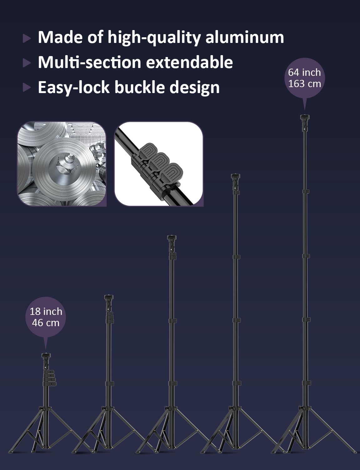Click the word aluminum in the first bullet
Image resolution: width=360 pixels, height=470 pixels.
pos(244,38)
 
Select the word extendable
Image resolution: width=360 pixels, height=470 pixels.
pos(189,62)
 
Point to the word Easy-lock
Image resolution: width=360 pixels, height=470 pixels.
pos(74,88)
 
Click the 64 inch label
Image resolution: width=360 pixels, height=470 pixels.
pos(305,72)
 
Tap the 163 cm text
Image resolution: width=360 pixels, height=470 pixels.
pos(305,84)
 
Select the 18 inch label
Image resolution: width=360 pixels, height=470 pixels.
pos(46,311)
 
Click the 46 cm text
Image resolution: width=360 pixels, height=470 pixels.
pos(46,323)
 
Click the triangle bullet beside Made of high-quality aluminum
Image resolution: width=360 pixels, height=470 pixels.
pos(27,38)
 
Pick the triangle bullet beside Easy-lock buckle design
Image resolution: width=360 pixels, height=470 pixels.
pos(27,88)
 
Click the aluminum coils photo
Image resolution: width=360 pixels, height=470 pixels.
pos(62,164)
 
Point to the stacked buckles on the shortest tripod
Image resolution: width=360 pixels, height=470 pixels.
pos(50,378)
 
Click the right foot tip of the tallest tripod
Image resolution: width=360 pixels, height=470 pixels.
pos(355,452)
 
